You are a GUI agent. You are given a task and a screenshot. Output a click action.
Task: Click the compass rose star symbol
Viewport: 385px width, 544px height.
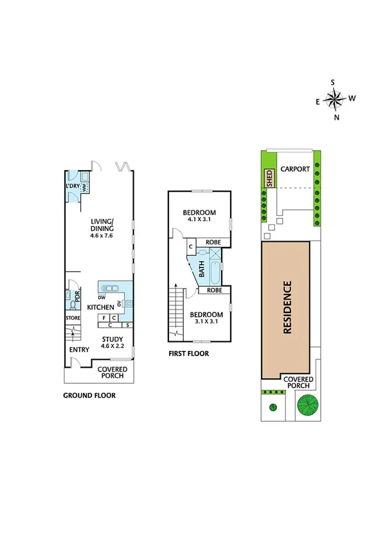pyautogui.click(x=334, y=99)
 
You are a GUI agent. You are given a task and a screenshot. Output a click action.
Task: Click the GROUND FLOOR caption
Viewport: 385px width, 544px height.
pyautogui.click(x=89, y=396)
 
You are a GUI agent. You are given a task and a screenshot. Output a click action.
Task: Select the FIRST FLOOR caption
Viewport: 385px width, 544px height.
pyautogui.click(x=188, y=353)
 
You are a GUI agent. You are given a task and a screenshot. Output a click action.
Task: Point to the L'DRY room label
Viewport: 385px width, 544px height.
pyautogui.click(x=72, y=186)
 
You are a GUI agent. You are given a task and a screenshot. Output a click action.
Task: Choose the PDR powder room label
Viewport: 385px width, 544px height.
pyautogui.click(x=76, y=296)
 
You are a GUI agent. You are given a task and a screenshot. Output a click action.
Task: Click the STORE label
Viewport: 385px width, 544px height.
pyautogui.click(x=72, y=318)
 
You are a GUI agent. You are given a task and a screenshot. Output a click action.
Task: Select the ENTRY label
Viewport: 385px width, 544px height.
pyautogui.click(x=79, y=350)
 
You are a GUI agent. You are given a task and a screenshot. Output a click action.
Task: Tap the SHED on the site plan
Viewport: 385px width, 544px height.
pyautogui.click(x=270, y=178)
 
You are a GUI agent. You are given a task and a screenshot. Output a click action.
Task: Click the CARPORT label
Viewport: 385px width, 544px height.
pyautogui.click(x=295, y=169)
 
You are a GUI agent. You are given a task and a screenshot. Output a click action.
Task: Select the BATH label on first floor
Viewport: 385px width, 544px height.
pyautogui.click(x=204, y=271)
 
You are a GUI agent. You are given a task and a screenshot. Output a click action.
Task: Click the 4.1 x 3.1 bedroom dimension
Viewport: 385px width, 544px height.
pyautogui.click(x=199, y=220)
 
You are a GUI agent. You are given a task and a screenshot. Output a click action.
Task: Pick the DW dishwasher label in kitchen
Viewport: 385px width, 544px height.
pyautogui.click(x=102, y=297)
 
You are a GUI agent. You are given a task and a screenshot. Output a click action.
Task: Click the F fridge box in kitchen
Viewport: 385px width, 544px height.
pyautogui.click(x=103, y=317)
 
